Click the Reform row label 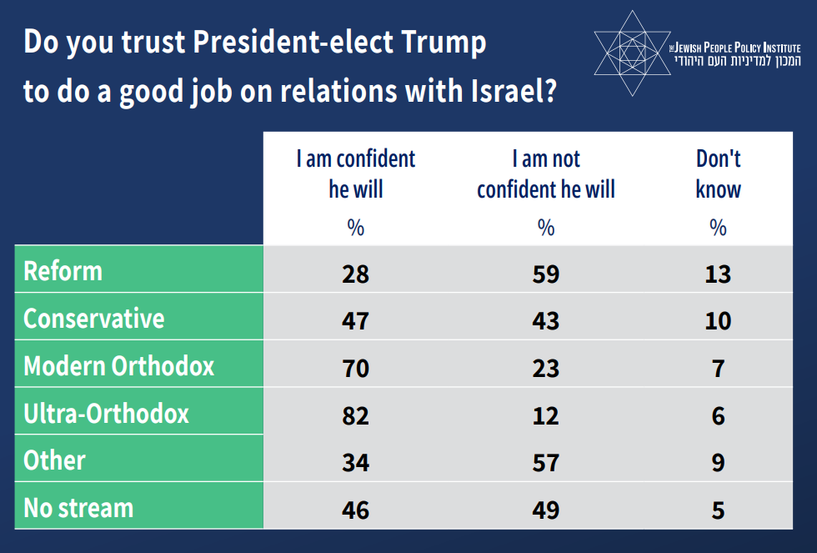(x=63, y=271)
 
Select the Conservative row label (x=94, y=319)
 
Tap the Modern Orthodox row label (x=119, y=366)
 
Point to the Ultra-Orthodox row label (x=107, y=414)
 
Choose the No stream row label (x=78, y=508)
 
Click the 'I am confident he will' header (x=356, y=173)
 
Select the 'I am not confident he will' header (x=546, y=173)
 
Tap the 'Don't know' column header (x=718, y=173)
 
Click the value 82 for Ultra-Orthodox (x=356, y=415)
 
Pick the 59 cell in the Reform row (x=546, y=274)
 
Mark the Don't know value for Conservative (x=718, y=321)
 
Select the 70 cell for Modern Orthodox (x=356, y=368)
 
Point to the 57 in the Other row (x=546, y=462)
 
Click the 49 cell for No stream (x=546, y=510)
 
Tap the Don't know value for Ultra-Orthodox (x=718, y=415)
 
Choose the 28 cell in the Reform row (x=356, y=274)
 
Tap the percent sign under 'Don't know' (x=718, y=228)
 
